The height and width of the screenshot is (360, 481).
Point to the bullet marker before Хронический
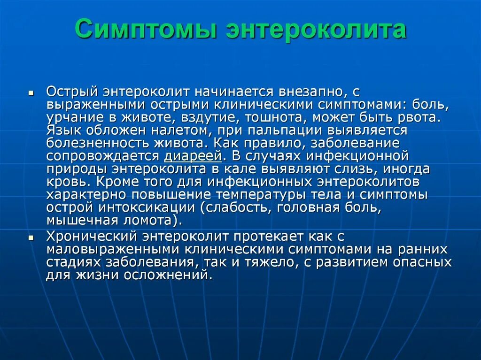tap(31, 238)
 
